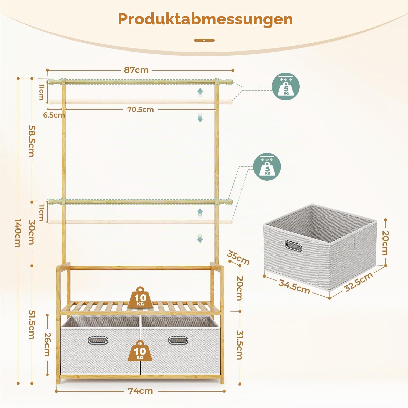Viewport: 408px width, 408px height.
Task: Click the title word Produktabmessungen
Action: tap(205, 19)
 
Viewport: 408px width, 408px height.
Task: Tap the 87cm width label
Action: tap(136, 70)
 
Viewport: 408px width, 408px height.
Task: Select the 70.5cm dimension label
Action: tap(141, 110)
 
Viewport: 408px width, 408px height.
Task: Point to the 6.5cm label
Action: tap(54, 115)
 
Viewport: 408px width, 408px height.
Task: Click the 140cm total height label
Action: tap(17, 233)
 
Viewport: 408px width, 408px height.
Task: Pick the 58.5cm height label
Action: tap(31, 141)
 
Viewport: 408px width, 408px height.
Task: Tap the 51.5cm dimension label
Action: tap(31, 324)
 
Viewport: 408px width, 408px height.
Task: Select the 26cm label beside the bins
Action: tap(47, 344)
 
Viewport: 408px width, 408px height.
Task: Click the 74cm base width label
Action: tap(141, 391)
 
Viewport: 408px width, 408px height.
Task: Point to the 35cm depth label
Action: tap(238, 258)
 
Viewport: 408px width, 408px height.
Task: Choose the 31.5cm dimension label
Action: tap(239, 345)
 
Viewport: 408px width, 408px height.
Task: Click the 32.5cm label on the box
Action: tap(358, 282)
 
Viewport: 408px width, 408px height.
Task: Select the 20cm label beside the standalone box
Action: tap(385, 243)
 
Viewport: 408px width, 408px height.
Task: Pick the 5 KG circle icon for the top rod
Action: tap(286, 86)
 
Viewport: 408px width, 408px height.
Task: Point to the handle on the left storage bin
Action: tap(98, 340)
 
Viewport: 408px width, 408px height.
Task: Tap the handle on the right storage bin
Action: tap(178, 340)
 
